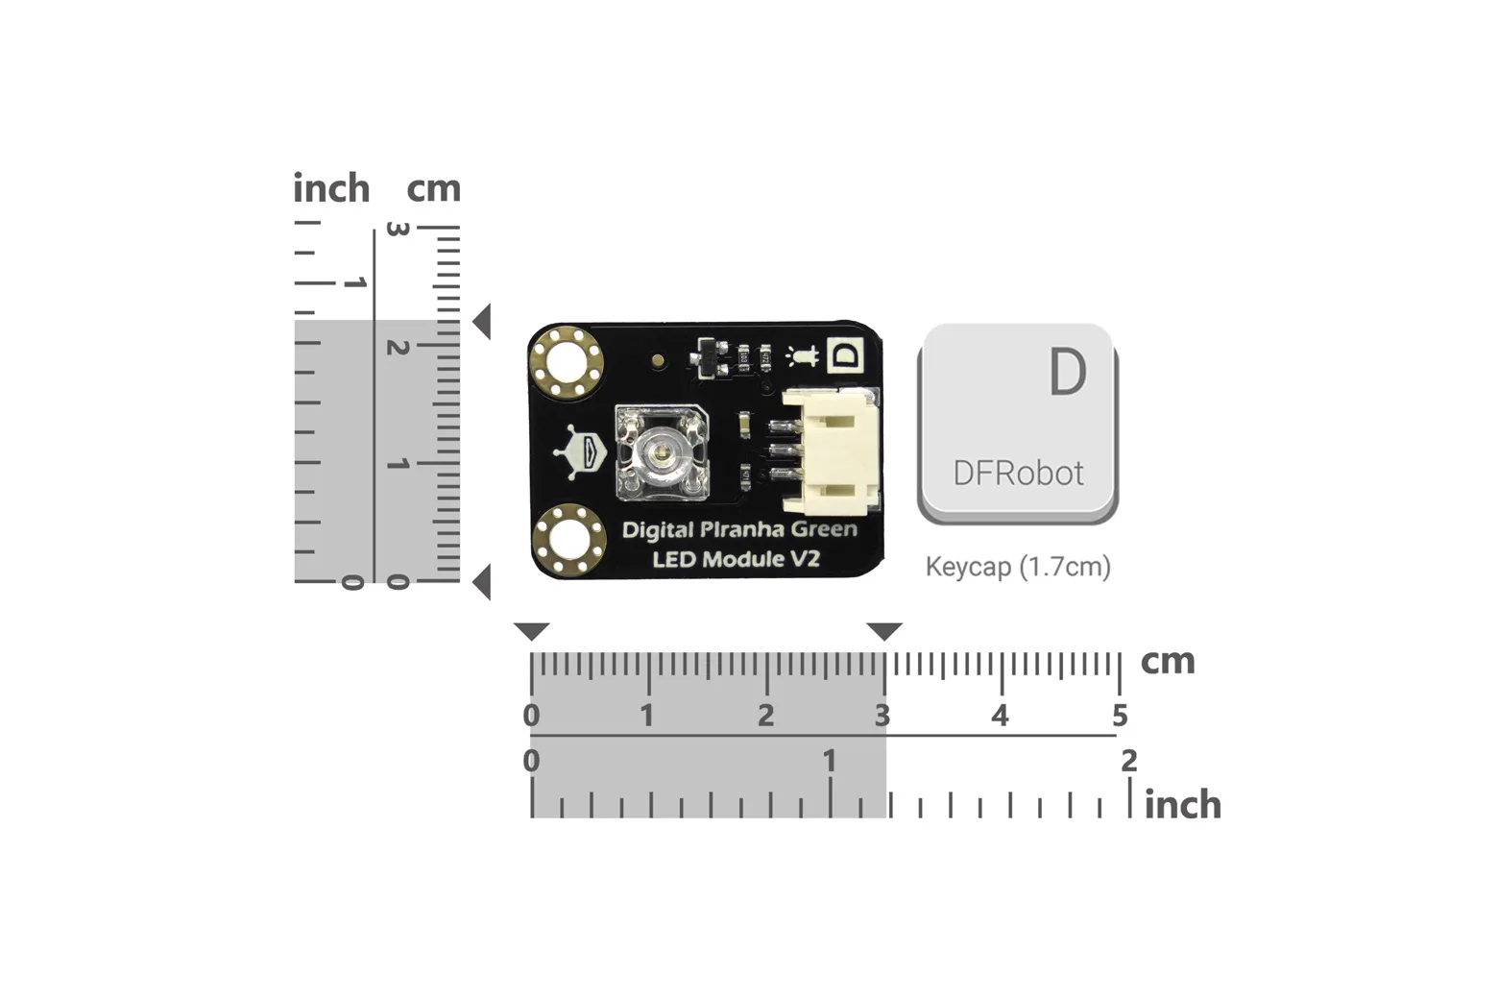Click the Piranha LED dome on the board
[661, 453]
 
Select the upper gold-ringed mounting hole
[567, 363]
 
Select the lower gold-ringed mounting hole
[569, 539]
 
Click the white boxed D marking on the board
[846, 354]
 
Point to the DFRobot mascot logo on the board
[580, 451]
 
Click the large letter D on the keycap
[1068, 372]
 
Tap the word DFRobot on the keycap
[1018, 473]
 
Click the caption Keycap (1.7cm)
[1018, 567]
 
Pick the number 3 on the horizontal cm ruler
[882, 716]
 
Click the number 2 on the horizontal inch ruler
[1129, 761]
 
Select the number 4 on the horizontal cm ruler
[1000, 716]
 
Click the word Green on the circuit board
[824, 529]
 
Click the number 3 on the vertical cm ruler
[398, 229]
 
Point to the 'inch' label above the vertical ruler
[331, 187]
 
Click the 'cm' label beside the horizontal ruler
[1168, 662]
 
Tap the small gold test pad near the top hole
[659, 361]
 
